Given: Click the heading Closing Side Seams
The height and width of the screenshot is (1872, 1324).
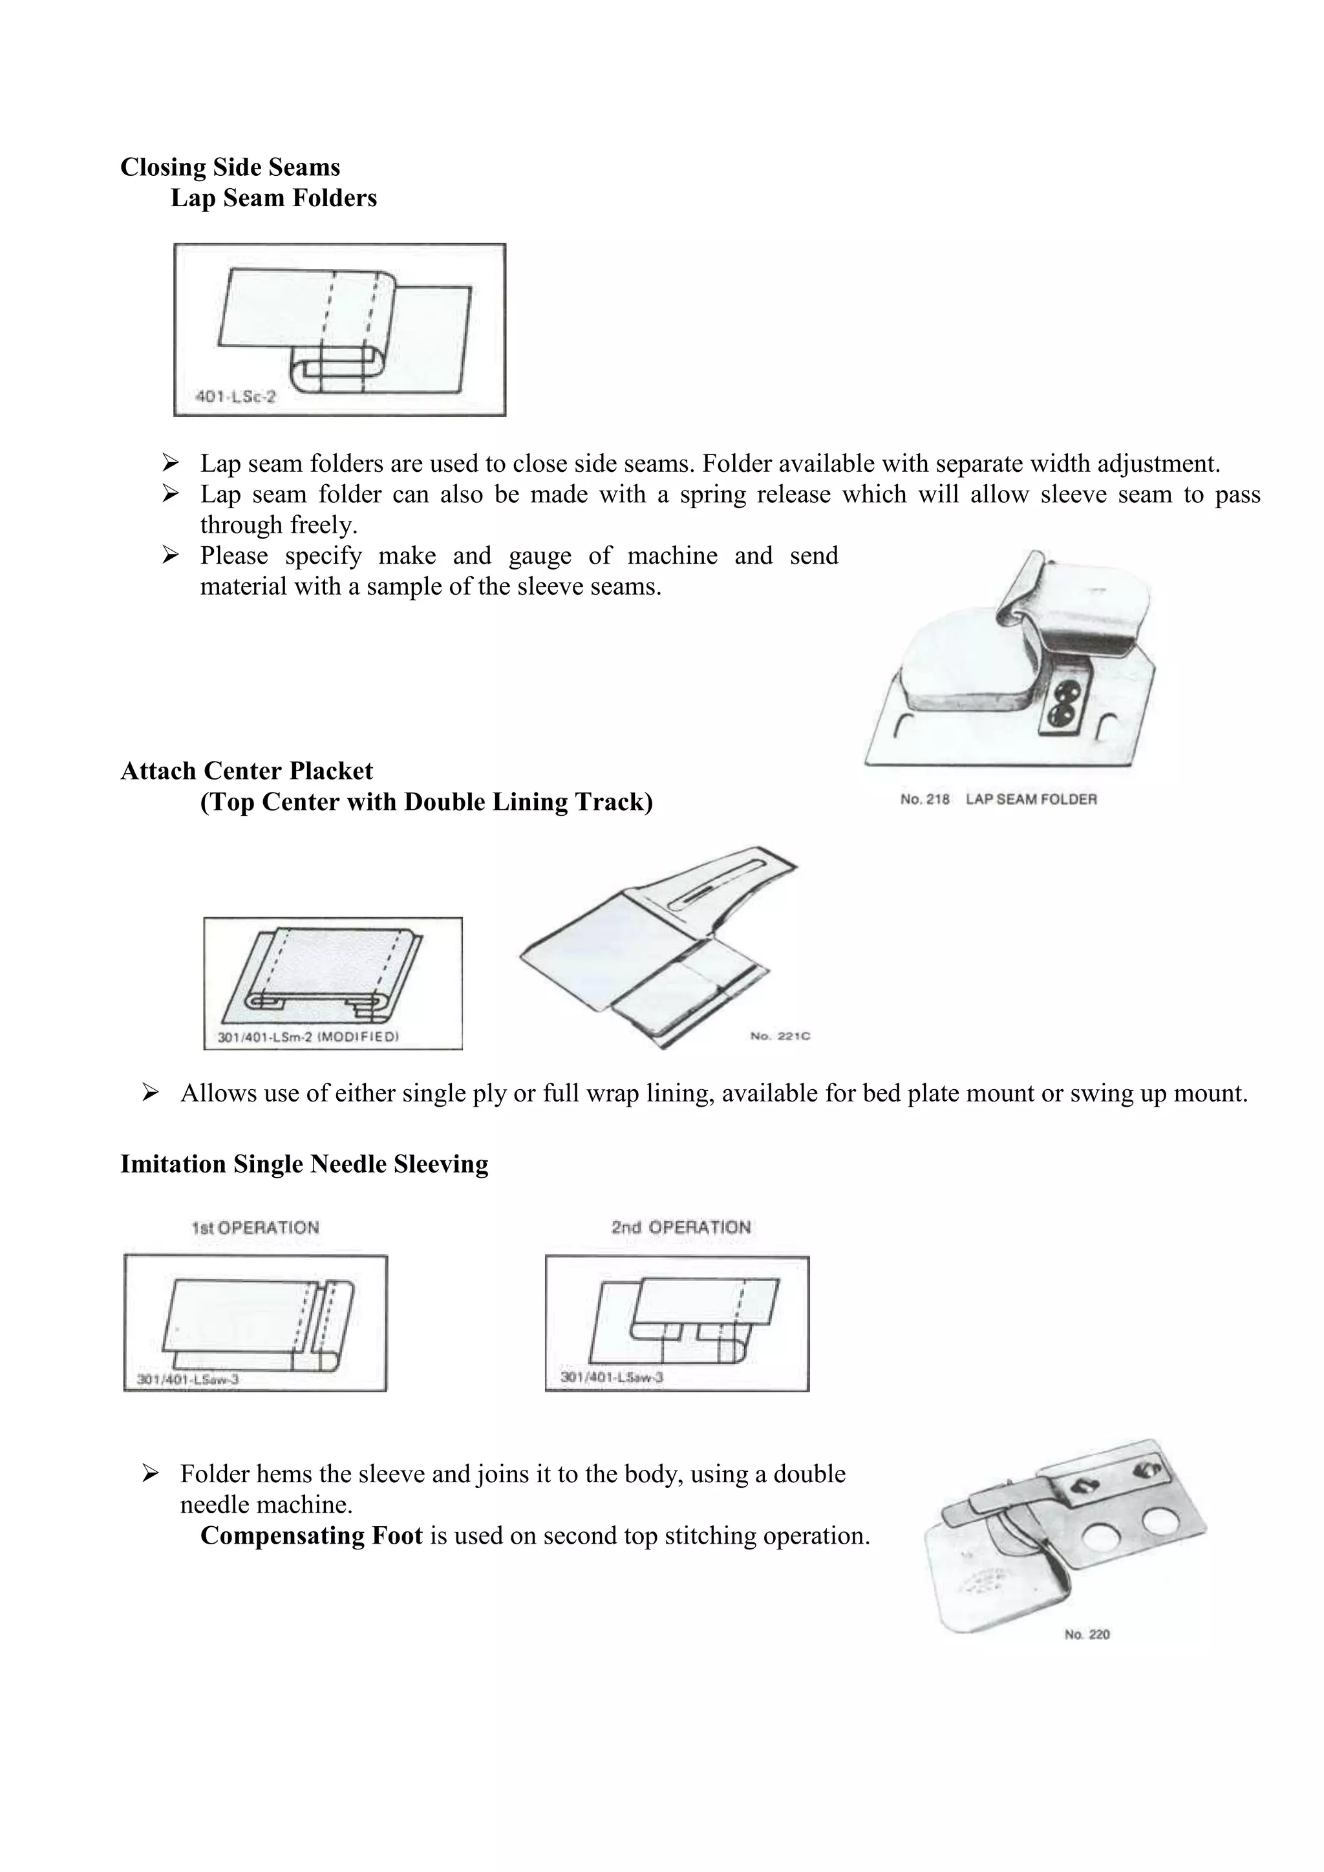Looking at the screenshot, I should (x=230, y=167).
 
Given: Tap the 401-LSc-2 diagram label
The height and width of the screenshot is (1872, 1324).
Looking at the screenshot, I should (x=235, y=397).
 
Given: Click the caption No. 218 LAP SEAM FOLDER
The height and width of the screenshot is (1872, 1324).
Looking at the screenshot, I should (x=998, y=799).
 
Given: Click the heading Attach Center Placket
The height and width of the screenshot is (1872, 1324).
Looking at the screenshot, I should (x=246, y=771).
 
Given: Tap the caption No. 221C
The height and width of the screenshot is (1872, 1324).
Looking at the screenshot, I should (x=780, y=1036).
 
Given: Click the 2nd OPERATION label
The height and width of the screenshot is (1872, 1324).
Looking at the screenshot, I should (x=681, y=1227).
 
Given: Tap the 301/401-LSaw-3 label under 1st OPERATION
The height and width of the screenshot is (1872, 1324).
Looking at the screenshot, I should (x=187, y=1379).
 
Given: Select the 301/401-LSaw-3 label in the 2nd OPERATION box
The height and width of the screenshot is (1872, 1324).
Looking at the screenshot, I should (x=612, y=1377).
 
